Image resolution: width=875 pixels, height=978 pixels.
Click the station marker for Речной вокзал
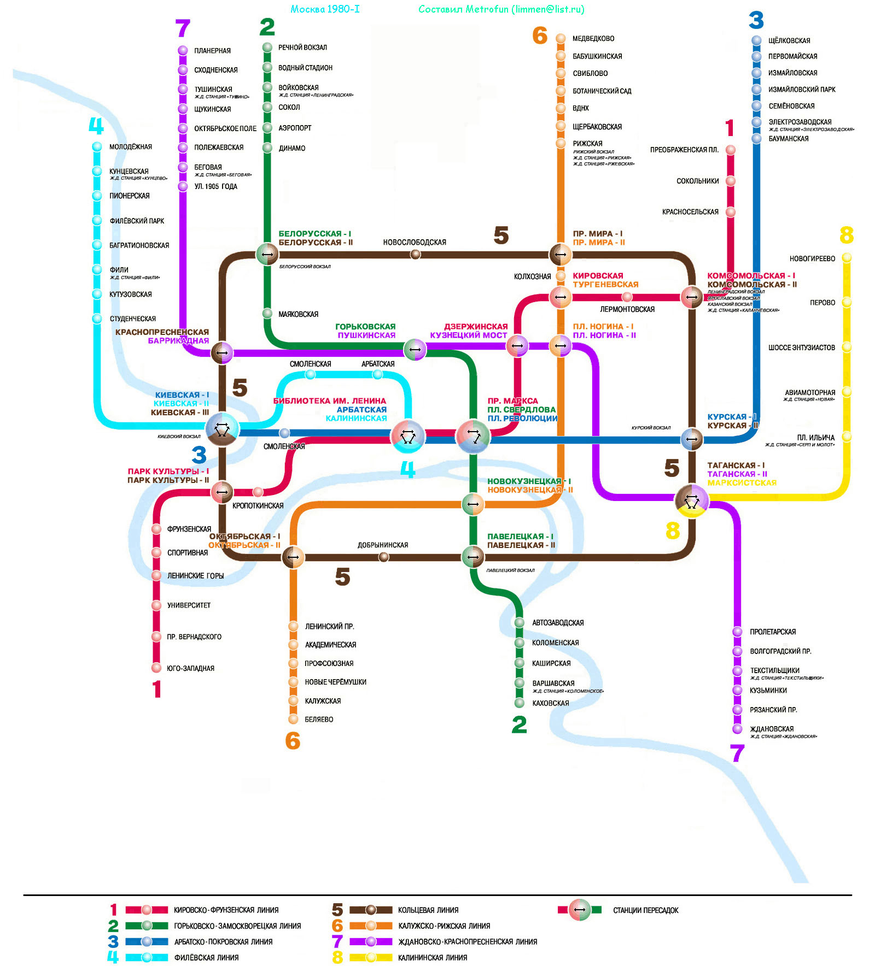(x=267, y=48)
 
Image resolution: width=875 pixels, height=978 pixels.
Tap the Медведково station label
(x=593, y=39)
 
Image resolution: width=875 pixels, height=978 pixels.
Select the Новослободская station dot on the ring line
(x=416, y=254)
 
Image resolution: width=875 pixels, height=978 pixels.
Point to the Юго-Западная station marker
(x=156, y=668)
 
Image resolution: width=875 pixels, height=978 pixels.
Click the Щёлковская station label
(x=789, y=40)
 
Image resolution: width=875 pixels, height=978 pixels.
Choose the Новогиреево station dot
(x=847, y=257)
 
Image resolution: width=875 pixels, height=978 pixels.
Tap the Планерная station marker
(x=183, y=51)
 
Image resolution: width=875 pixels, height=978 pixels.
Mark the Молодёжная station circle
(x=97, y=146)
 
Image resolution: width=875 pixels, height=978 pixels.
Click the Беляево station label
(x=319, y=720)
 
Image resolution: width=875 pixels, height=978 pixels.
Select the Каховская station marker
(x=520, y=703)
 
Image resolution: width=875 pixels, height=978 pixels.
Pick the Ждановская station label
(x=772, y=729)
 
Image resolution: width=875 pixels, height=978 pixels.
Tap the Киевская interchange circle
(x=221, y=429)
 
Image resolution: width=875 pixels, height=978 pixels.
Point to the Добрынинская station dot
(x=384, y=557)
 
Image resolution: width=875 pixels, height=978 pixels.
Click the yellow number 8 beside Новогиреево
(x=846, y=235)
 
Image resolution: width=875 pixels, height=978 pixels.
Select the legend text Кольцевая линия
(x=428, y=910)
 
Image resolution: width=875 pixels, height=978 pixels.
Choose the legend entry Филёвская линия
(x=206, y=958)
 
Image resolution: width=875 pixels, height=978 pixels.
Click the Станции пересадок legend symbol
(x=580, y=910)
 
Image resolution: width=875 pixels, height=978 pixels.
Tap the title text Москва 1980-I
(x=325, y=9)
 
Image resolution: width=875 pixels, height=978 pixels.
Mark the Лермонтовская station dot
(x=627, y=297)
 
